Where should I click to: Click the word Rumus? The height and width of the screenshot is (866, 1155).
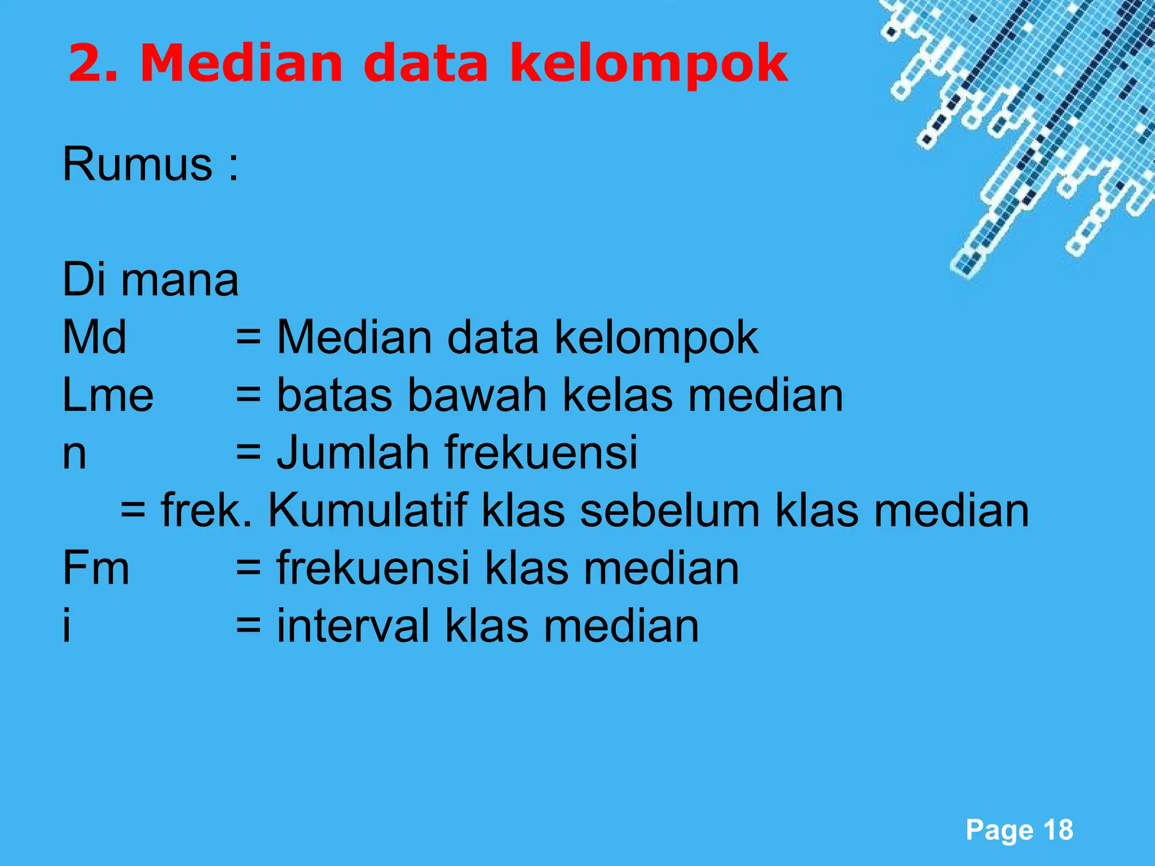click(138, 164)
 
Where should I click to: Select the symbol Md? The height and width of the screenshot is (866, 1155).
click(94, 337)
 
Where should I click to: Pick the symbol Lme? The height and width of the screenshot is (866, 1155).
click(108, 395)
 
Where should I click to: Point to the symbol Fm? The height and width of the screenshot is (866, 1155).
click(96, 568)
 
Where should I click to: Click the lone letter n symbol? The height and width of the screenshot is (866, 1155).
click(74, 454)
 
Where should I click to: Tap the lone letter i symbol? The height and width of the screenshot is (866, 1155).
click(67, 626)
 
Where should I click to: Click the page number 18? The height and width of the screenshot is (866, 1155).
click(1058, 830)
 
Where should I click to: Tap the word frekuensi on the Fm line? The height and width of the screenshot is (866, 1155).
click(373, 568)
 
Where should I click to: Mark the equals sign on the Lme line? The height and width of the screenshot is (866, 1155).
click(248, 395)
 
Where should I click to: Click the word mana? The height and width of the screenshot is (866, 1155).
click(180, 280)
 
